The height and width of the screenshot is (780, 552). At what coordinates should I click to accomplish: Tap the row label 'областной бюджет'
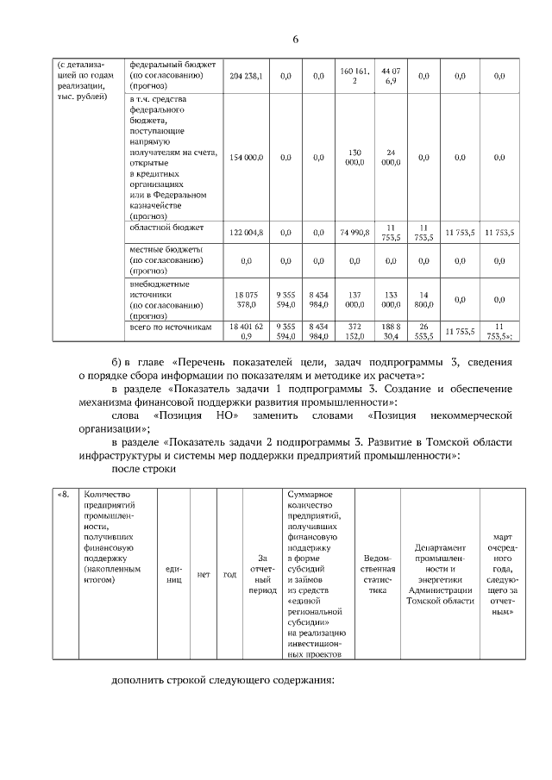click(166, 228)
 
